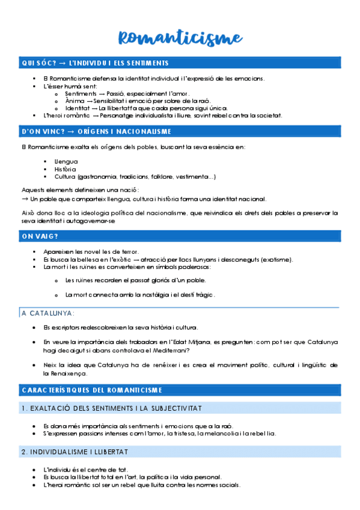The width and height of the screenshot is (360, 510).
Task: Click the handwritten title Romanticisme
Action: [x=180, y=37]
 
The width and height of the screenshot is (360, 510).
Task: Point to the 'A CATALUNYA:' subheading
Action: [x=47, y=313]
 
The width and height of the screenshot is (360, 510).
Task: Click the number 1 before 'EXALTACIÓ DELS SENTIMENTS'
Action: [x=23, y=408]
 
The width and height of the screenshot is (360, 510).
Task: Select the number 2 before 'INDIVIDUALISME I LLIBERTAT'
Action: [x=23, y=452]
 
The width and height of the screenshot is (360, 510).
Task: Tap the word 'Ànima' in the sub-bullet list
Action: [x=75, y=101]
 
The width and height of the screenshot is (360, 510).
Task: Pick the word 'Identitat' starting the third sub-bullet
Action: [x=79, y=108]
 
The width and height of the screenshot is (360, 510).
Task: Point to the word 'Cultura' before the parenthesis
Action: [x=64, y=177]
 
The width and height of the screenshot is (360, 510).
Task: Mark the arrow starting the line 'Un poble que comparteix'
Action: [x=25, y=199]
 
